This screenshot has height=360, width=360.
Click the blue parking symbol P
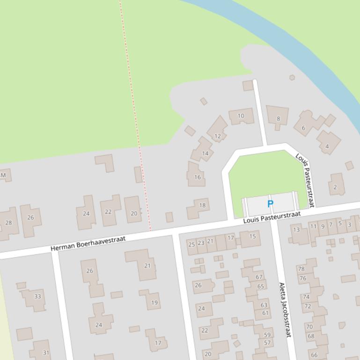pyautogui.click(x=270, y=204)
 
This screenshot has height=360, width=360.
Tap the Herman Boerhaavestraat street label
pyautogui.click(x=88, y=243)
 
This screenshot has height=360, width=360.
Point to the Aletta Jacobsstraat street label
pyautogui.click(x=285, y=310)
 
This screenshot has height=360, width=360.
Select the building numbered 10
pyautogui.click(x=241, y=116)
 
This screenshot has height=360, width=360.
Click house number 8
pyautogui.click(x=278, y=119)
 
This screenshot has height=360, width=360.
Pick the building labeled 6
pyautogui.click(x=303, y=128)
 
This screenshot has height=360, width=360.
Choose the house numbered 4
pyautogui.click(x=327, y=146)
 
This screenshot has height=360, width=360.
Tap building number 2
pyautogui.click(x=335, y=187)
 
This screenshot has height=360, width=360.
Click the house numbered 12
pyautogui.click(x=217, y=136)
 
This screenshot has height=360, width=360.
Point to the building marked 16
pyautogui.click(x=198, y=177)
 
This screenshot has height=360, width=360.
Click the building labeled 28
pyautogui.click(x=8, y=223)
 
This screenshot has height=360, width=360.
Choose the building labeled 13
pyautogui.click(x=296, y=230)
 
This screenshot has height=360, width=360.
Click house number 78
pyautogui.click(x=301, y=269)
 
